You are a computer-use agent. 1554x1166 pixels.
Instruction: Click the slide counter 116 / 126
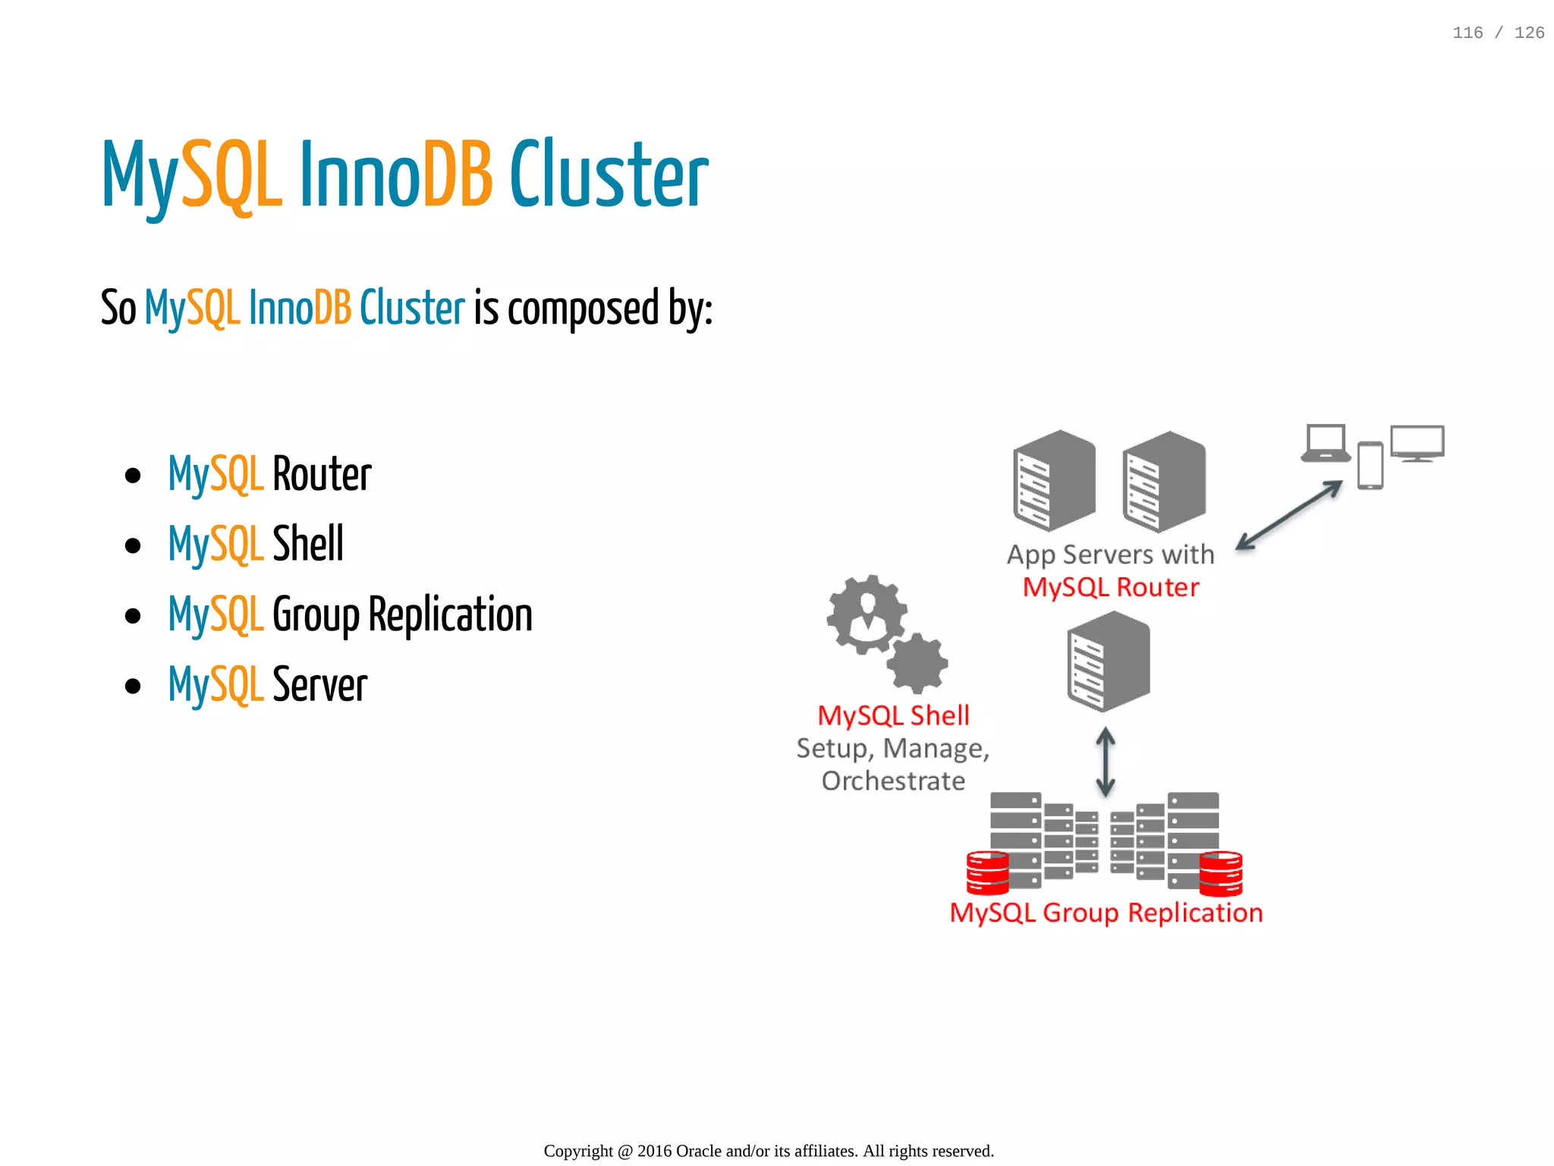coord(1498,33)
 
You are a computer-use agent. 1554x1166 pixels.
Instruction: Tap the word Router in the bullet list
coord(322,475)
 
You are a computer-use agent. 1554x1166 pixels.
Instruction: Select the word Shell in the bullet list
coord(307,544)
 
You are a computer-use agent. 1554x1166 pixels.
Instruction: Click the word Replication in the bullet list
coord(450,614)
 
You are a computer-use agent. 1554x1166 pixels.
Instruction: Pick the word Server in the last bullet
coord(319,685)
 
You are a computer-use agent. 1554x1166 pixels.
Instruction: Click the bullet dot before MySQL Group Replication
coord(133,616)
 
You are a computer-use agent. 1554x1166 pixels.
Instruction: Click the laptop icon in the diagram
coord(1326,443)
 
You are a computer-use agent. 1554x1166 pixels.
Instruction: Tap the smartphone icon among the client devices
coord(1370,465)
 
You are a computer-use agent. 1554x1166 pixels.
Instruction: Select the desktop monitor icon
coord(1417,443)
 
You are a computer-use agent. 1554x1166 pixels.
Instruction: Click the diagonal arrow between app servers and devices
coord(1289,515)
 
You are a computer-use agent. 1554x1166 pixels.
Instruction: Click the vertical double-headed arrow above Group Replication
coord(1106,761)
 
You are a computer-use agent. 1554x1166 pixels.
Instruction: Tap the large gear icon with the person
coord(867,614)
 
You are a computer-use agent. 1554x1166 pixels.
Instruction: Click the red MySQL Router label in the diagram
coord(1110,588)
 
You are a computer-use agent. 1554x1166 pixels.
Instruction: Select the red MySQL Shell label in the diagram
coord(893,715)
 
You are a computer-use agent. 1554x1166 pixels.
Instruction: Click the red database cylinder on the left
coord(987,872)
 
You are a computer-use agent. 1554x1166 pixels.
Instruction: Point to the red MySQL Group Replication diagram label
coord(1106,913)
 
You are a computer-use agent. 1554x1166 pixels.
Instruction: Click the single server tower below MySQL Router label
coord(1108,662)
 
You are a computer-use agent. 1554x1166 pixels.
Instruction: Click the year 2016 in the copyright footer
coord(654,1151)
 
